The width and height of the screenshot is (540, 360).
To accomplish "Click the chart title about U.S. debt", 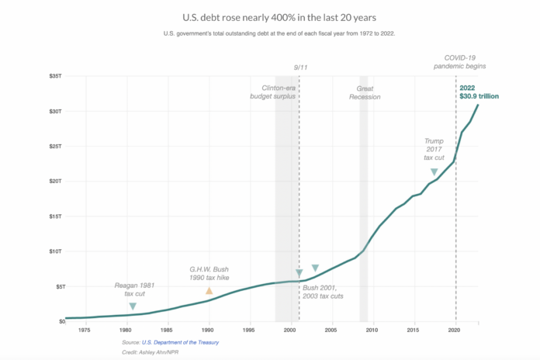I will tap(270, 16).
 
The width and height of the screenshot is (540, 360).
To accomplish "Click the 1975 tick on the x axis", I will tap(84, 330).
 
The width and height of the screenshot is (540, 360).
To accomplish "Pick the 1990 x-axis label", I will tap(208, 330).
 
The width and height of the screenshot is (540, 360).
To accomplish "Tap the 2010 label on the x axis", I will tap(372, 330).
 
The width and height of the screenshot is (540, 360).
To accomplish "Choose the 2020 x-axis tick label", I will tap(454, 330).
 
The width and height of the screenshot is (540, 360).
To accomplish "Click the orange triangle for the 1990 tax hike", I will tap(209, 290).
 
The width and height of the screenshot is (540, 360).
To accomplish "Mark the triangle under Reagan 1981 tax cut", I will tap(133, 306).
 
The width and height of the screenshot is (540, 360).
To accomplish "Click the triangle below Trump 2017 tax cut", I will tap(434, 171).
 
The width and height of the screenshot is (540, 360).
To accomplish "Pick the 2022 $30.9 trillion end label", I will tap(479, 92).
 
